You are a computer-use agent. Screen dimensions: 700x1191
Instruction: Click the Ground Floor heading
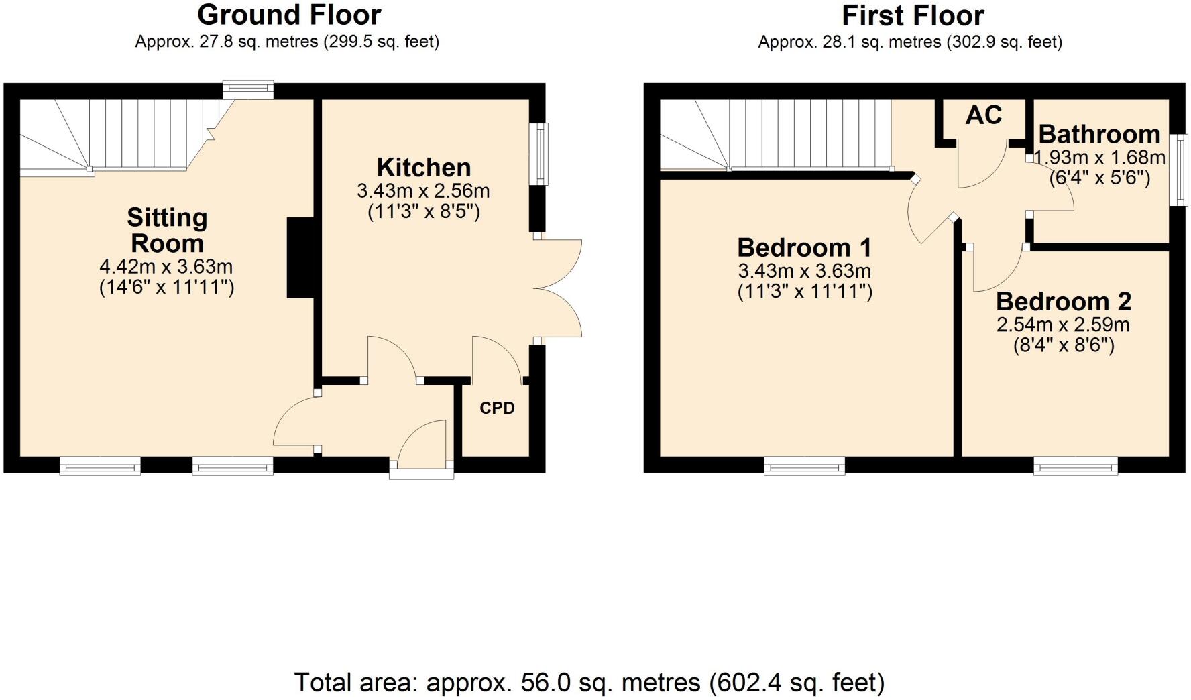coord(289,15)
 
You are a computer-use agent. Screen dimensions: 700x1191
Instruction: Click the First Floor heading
coord(913,15)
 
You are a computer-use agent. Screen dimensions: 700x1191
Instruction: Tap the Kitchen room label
coord(423,167)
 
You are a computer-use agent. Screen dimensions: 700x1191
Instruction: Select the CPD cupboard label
coord(497,408)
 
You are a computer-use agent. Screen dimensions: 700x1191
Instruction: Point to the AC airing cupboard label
coord(983,115)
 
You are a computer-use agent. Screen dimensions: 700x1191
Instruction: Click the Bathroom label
coord(1099,134)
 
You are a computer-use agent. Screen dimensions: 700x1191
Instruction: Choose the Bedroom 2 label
coord(1064,302)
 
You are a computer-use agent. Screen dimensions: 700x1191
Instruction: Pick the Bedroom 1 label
coord(804,248)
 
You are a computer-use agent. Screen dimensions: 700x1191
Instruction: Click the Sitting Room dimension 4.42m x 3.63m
coord(166,267)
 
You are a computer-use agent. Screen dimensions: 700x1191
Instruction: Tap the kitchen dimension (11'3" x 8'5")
coord(423,212)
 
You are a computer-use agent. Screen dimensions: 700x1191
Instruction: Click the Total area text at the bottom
coord(589,683)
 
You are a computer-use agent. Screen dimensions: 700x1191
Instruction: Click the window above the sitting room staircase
coord(248,90)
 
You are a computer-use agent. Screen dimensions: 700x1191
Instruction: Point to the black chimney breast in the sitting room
coord(300,257)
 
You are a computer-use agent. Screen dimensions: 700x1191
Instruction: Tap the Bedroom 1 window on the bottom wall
coord(805,466)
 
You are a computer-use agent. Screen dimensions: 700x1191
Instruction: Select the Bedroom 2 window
coord(1075,466)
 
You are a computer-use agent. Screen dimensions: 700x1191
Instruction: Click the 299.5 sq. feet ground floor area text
coord(382,42)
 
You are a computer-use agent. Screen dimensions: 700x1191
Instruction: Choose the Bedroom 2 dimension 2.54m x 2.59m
coord(1063,325)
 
